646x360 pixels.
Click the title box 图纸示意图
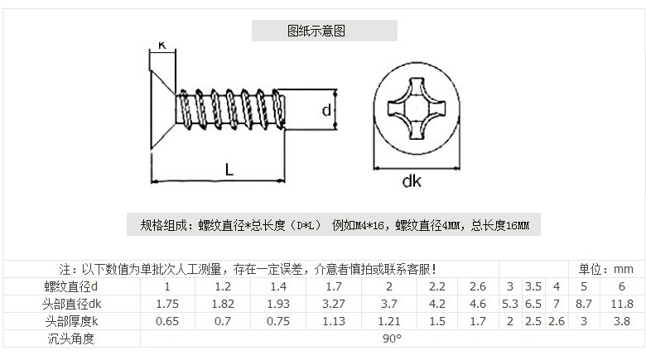tap(325, 31)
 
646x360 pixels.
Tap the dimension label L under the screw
tap(229, 169)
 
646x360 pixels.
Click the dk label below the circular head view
tap(411, 180)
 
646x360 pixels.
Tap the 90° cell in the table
tap(391, 338)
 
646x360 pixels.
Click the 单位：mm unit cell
tap(605, 269)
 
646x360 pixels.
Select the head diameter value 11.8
tap(621, 304)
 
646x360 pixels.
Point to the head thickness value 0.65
tap(169, 321)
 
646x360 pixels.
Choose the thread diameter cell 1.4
tap(278, 286)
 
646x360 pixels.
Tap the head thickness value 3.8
tap(621, 321)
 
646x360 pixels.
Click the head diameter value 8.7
tap(583, 304)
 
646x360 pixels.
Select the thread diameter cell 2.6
tap(478, 286)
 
